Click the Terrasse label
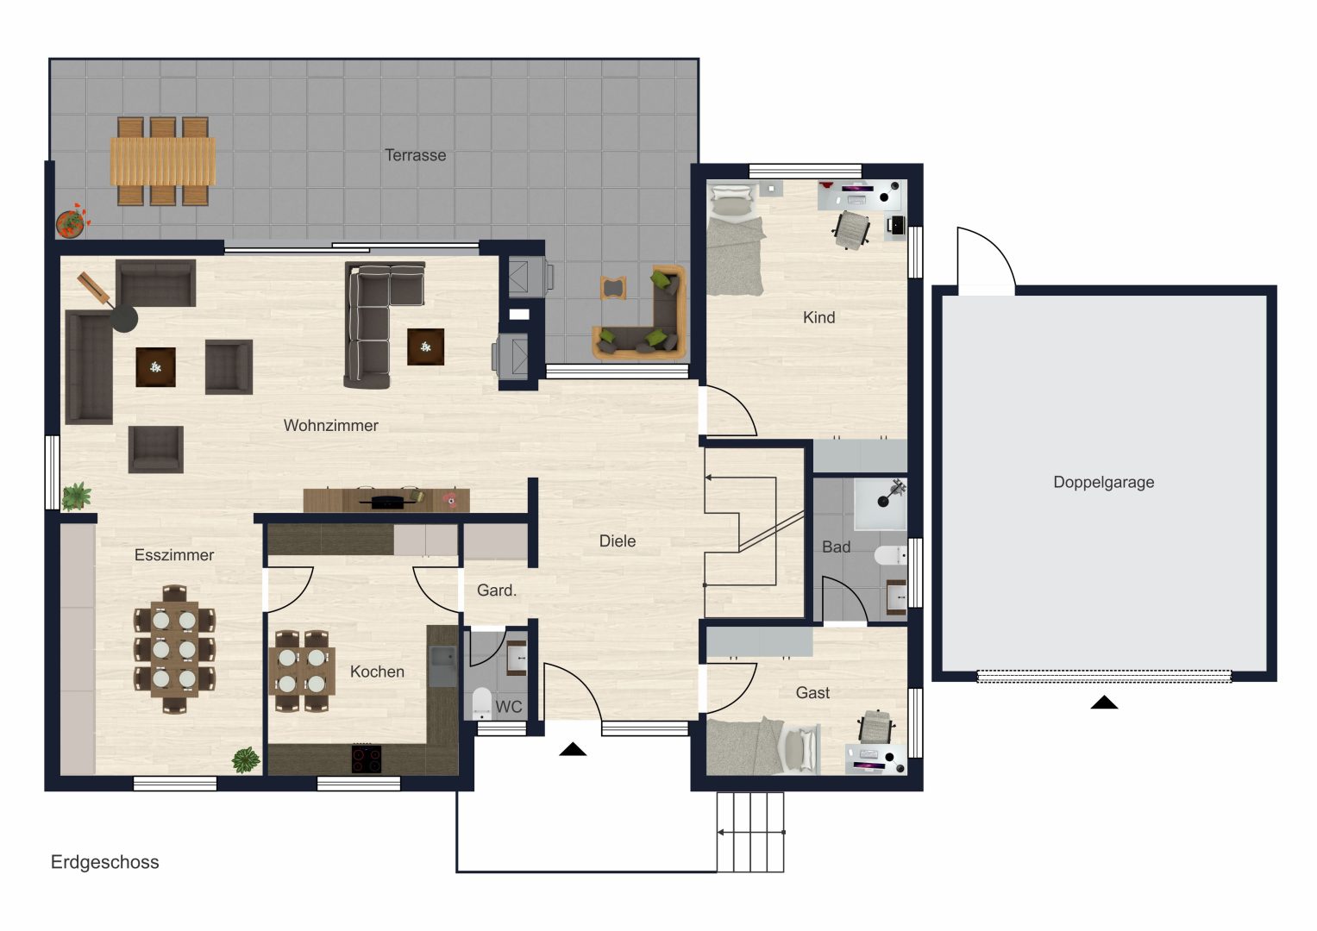pyautogui.click(x=415, y=155)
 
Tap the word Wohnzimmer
pyautogui.click(x=330, y=425)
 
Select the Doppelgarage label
pyautogui.click(x=1103, y=482)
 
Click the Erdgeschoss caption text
pyautogui.click(x=104, y=862)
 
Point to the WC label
pyautogui.click(x=509, y=707)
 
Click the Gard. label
pyautogui.click(x=496, y=590)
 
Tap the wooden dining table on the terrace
pyautogui.click(x=163, y=161)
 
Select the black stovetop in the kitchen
pyautogui.click(x=367, y=759)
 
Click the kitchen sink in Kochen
pyautogui.click(x=442, y=666)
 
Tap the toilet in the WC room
pyautogui.click(x=481, y=703)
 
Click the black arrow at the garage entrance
pyautogui.click(x=1104, y=702)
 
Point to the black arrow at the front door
pyautogui.click(x=573, y=749)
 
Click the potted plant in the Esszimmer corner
pyautogui.click(x=246, y=760)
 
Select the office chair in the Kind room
pyautogui.click(x=851, y=229)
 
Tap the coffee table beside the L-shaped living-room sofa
pyautogui.click(x=426, y=347)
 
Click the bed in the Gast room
pyautogui.click(x=762, y=747)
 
